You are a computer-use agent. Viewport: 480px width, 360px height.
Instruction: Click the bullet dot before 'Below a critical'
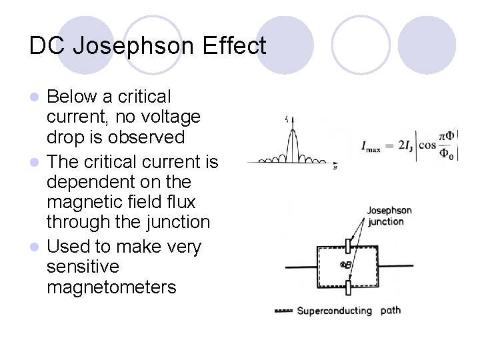pyautogui.click(x=37, y=97)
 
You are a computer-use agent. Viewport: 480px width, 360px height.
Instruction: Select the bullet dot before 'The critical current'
pyautogui.click(x=37, y=163)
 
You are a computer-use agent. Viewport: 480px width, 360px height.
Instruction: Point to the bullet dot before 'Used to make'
pyautogui.click(x=37, y=247)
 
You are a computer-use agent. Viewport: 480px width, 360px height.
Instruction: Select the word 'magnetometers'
pyautogui.click(x=111, y=287)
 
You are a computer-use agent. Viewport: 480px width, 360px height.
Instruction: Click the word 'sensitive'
pyautogui.click(x=83, y=267)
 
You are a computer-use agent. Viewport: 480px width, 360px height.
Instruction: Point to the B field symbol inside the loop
pyautogui.click(x=345, y=265)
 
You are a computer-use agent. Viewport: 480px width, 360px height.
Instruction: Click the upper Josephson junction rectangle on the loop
pyautogui.click(x=347, y=246)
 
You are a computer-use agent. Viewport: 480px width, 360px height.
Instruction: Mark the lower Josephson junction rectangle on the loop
pyautogui.click(x=347, y=287)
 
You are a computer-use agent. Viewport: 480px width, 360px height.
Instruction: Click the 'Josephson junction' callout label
pyautogui.click(x=389, y=215)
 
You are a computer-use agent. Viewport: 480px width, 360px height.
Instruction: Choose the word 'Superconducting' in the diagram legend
pyautogui.click(x=334, y=311)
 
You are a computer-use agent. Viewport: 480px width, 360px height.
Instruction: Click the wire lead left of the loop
pyautogui.click(x=300, y=267)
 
